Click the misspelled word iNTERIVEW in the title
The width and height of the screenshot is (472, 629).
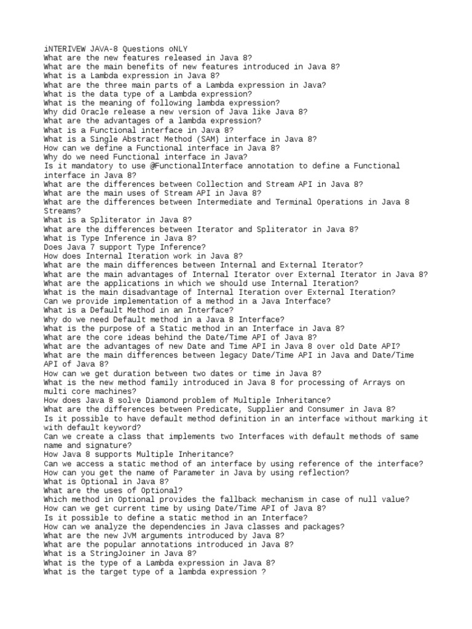[x=65, y=49]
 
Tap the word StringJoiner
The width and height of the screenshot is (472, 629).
[x=113, y=554]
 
